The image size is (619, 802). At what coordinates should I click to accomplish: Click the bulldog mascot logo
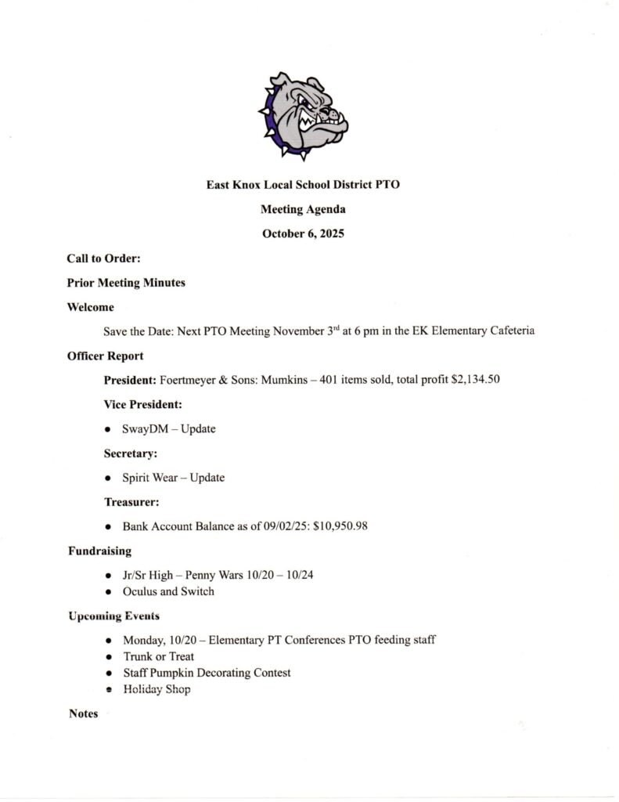coord(303,114)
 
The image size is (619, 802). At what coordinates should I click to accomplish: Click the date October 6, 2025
coord(303,233)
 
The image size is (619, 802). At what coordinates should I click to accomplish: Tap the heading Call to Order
coord(103,258)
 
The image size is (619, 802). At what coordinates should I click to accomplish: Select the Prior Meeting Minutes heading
coord(126,282)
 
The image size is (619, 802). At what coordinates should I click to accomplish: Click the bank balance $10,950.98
coord(340,526)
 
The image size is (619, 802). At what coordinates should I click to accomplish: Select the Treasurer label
coord(131,501)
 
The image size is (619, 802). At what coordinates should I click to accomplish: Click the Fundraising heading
coord(99,551)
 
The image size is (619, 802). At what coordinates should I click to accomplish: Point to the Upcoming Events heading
coord(113,616)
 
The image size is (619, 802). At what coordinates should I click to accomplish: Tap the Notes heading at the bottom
coord(83,713)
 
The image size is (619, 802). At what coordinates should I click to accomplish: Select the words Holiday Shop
coord(157,689)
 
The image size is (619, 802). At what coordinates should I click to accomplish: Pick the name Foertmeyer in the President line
coord(188,381)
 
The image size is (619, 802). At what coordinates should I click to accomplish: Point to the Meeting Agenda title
coord(303,209)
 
